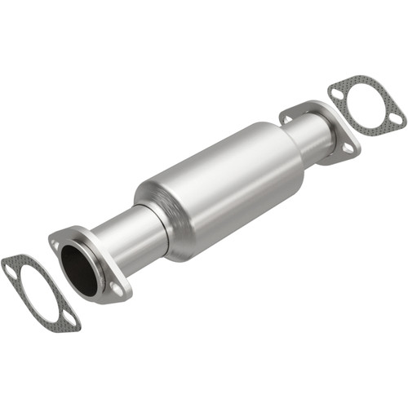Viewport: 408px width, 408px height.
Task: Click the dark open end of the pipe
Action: click(x=79, y=266)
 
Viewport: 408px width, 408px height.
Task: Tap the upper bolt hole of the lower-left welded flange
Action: click(x=56, y=242)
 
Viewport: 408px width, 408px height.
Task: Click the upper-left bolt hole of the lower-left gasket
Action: click(x=11, y=267)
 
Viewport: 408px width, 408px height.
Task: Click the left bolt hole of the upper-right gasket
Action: click(x=337, y=94)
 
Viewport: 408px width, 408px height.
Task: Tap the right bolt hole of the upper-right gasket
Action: click(x=396, y=118)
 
